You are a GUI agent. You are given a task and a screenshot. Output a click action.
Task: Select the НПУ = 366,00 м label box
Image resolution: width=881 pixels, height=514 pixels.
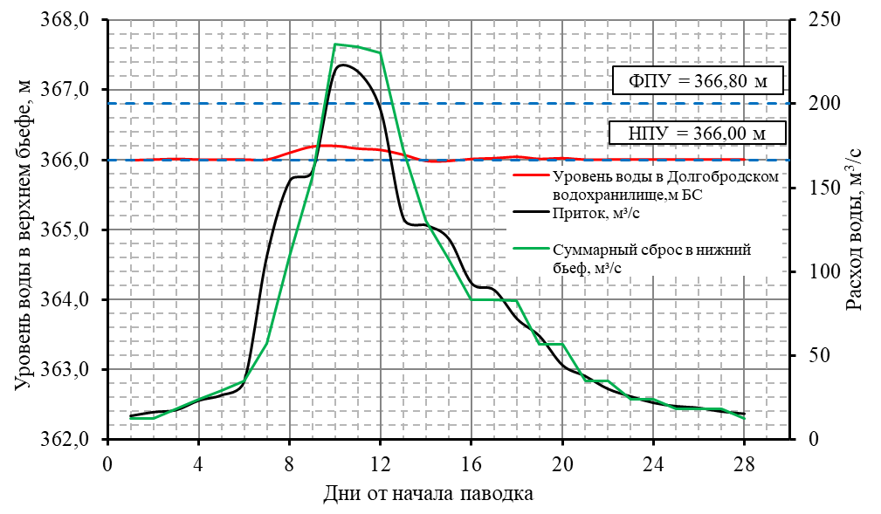[x=697, y=134]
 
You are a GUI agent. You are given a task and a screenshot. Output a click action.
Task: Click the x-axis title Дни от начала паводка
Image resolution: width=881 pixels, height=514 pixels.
[x=428, y=494]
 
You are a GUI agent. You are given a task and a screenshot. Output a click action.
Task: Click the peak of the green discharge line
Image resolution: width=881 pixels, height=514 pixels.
[x=336, y=45]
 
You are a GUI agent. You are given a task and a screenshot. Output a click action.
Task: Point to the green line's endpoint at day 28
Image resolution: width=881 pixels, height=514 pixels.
[x=744, y=418]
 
